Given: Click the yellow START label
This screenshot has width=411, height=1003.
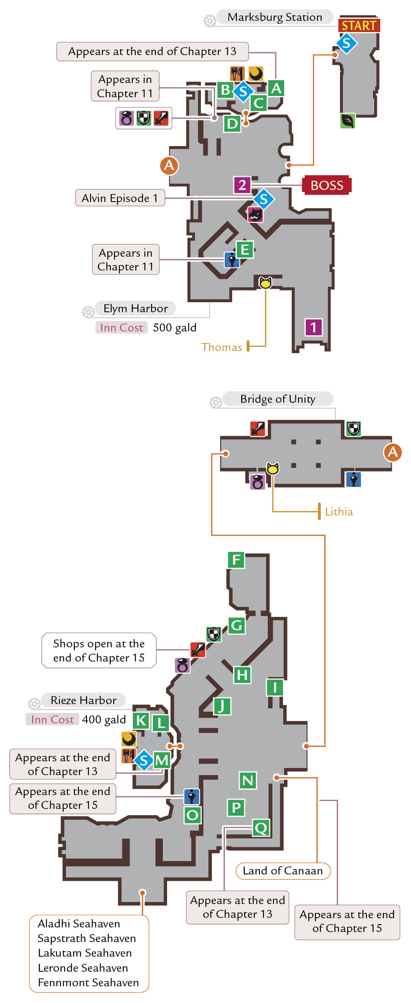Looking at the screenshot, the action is tap(359, 26).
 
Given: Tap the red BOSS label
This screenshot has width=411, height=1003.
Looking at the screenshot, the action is tap(327, 185).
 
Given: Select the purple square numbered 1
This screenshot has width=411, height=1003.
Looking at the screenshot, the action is tap(314, 327).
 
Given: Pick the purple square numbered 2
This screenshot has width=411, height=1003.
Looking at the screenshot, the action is tap(242, 184).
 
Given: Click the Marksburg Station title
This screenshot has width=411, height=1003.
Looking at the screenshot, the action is tap(275, 17).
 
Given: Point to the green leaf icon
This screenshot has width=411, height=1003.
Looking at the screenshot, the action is tap(348, 121).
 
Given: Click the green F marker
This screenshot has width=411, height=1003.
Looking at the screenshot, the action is tap(236, 560).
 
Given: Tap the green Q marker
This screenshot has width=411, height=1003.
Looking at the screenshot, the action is tap(261, 828).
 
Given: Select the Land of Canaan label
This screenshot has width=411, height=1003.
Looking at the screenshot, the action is tap(283, 871).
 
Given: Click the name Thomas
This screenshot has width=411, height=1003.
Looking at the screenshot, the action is tap(221, 347).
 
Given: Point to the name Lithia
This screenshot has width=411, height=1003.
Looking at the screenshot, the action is tap(339, 512).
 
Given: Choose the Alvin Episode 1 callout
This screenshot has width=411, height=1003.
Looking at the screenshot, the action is tap(120, 198).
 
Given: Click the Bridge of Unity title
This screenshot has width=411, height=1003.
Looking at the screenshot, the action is tap(278, 399).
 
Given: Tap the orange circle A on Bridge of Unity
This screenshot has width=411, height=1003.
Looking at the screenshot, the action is tap(393, 452).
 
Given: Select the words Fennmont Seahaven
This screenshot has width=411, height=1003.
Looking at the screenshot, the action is tap(88, 983).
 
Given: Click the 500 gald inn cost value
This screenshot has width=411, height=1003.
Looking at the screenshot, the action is tap(175, 328).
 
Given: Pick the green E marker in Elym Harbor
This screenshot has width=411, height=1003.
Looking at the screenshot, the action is tap(245, 250).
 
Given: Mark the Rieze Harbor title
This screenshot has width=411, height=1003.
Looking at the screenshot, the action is tap(84, 700).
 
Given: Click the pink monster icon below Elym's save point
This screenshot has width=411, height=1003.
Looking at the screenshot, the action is tap(255, 215).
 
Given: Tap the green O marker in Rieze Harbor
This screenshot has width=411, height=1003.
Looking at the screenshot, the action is tap(193, 815).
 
